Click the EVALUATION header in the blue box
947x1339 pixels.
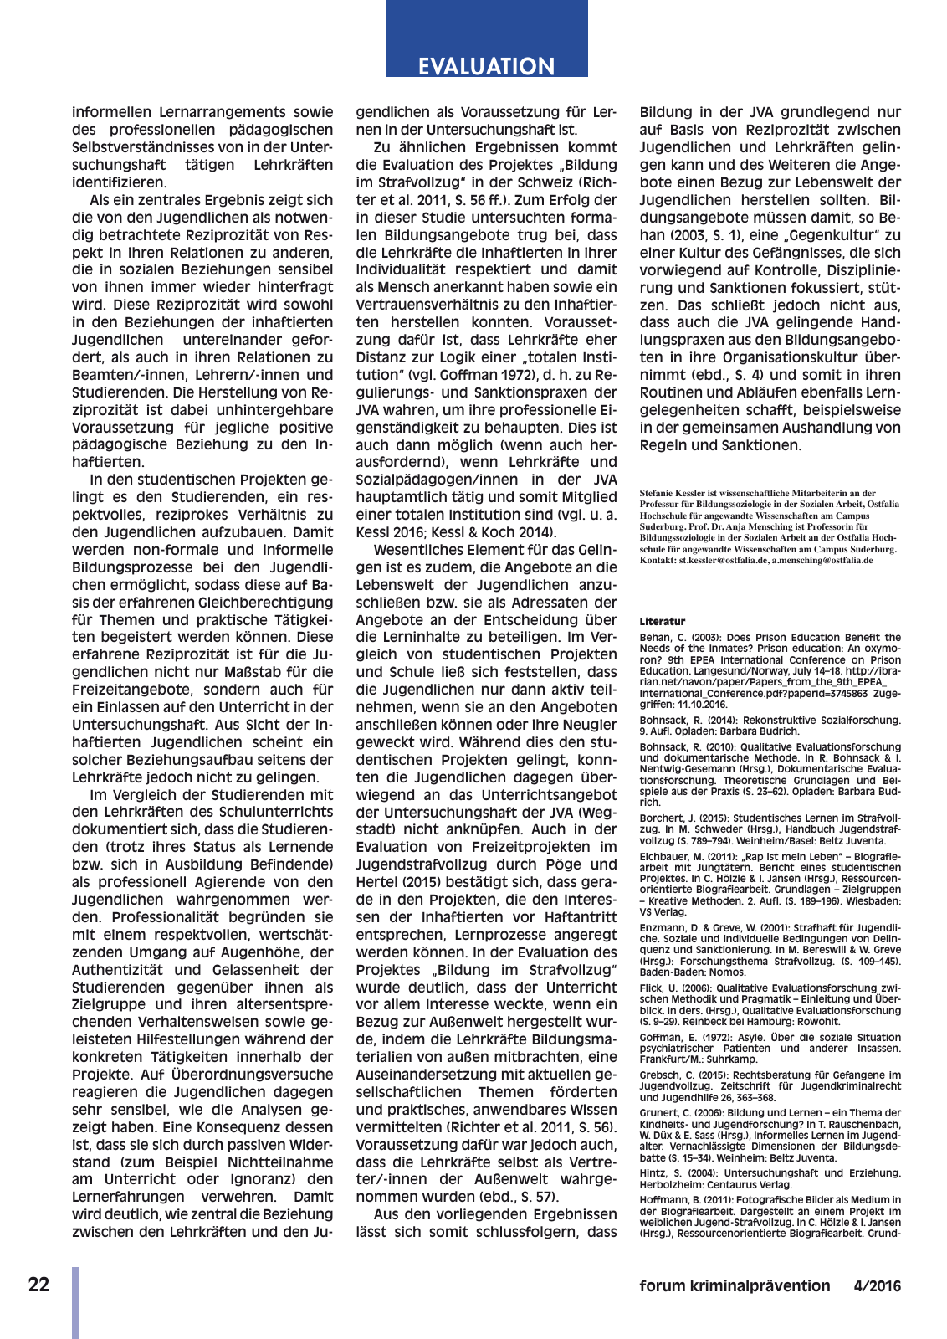point(486,66)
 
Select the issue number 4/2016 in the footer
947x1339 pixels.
point(878,1286)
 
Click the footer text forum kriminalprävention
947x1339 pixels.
point(735,1286)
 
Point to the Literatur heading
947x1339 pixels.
point(662,622)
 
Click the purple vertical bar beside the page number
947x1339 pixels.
point(75,1302)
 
